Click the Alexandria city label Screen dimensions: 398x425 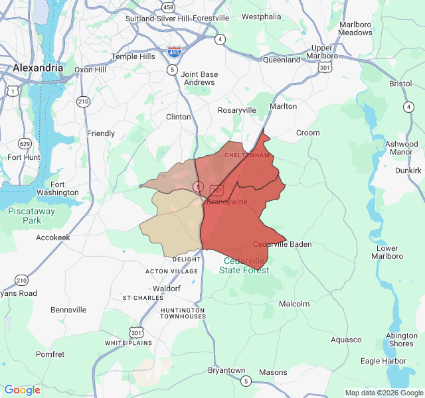point(38,68)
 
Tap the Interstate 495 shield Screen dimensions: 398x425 point(175,51)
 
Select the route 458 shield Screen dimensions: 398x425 point(168,7)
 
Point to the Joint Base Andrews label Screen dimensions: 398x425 point(198,78)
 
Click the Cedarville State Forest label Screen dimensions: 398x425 point(244,265)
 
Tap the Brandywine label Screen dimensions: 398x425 point(227,202)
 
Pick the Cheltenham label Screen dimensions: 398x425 point(248,155)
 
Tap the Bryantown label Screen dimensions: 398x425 point(226,370)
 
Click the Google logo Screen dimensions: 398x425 point(22,390)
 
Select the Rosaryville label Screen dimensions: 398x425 point(237,109)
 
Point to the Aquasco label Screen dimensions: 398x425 point(346,340)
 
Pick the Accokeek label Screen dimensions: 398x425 point(53,237)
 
